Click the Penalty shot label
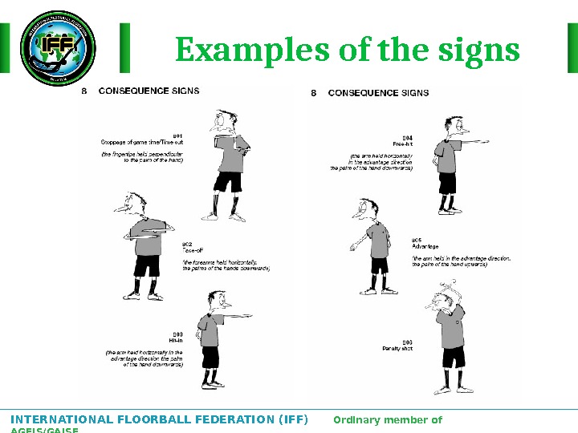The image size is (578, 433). (x=397, y=349)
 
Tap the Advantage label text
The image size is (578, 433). (x=425, y=246)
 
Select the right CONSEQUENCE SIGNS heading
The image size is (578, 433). (x=378, y=92)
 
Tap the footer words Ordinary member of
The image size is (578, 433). (x=387, y=419)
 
